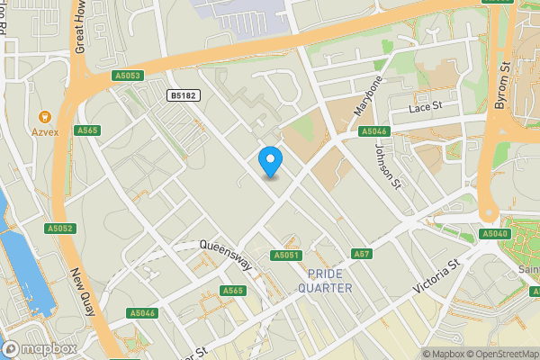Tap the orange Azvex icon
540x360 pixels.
(44, 116)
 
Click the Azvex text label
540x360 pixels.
(44, 132)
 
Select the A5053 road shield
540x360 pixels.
(128, 76)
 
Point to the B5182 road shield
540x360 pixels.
(184, 94)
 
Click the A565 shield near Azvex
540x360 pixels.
(86, 130)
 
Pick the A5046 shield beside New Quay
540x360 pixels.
(142, 313)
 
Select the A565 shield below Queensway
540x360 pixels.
(233, 291)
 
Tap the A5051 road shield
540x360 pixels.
(285, 256)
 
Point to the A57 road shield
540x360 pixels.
(361, 254)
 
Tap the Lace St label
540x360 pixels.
(427, 107)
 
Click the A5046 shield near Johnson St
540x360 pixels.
(373, 131)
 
